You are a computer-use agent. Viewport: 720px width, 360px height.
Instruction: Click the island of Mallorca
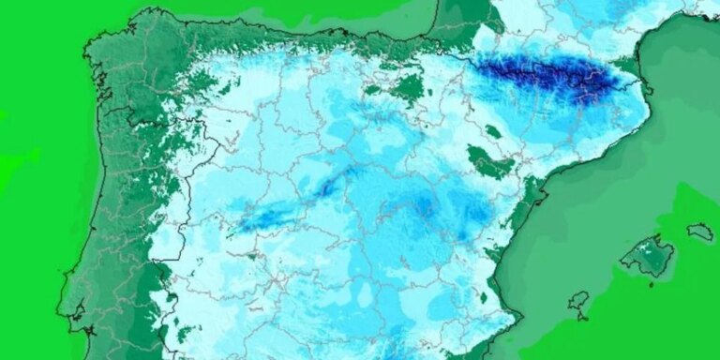(647, 256)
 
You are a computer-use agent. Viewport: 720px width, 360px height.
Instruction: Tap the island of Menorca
(699, 230)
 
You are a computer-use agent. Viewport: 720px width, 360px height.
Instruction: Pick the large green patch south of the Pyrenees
(491, 163)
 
